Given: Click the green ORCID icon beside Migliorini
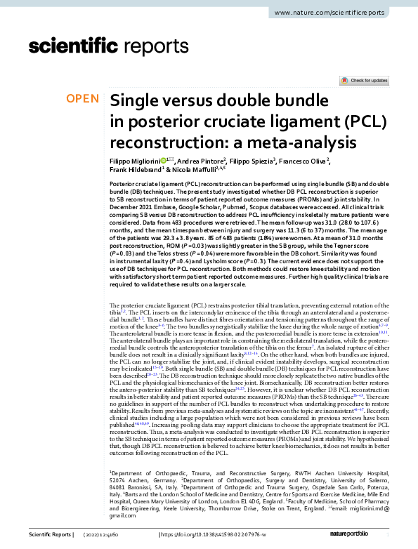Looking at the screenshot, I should pos(164,160).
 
